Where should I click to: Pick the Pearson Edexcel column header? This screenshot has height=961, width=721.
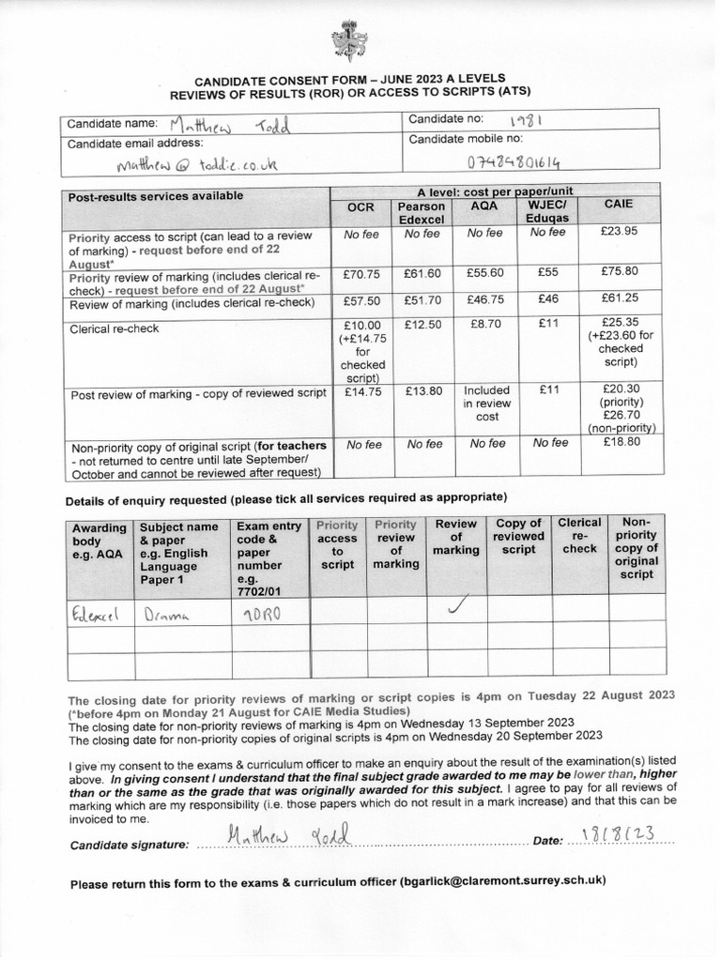(422, 212)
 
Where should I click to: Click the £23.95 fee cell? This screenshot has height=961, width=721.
(618, 233)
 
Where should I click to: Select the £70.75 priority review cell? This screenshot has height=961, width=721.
(360, 273)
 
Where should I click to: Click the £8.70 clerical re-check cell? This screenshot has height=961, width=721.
(484, 325)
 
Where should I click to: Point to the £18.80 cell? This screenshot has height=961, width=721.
(618, 443)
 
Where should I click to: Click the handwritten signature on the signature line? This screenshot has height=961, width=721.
(287, 836)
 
